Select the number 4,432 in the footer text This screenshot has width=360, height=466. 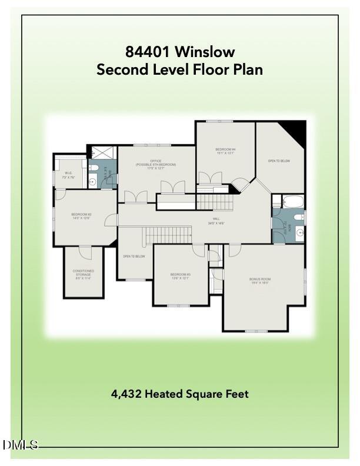click(127, 394)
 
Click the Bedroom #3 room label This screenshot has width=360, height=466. click(180, 276)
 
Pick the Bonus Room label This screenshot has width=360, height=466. click(259, 281)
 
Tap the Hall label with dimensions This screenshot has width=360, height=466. click(216, 222)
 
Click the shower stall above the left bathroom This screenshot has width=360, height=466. click(96, 152)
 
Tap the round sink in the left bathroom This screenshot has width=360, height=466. click(92, 182)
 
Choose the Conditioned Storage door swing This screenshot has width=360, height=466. click(85, 253)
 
